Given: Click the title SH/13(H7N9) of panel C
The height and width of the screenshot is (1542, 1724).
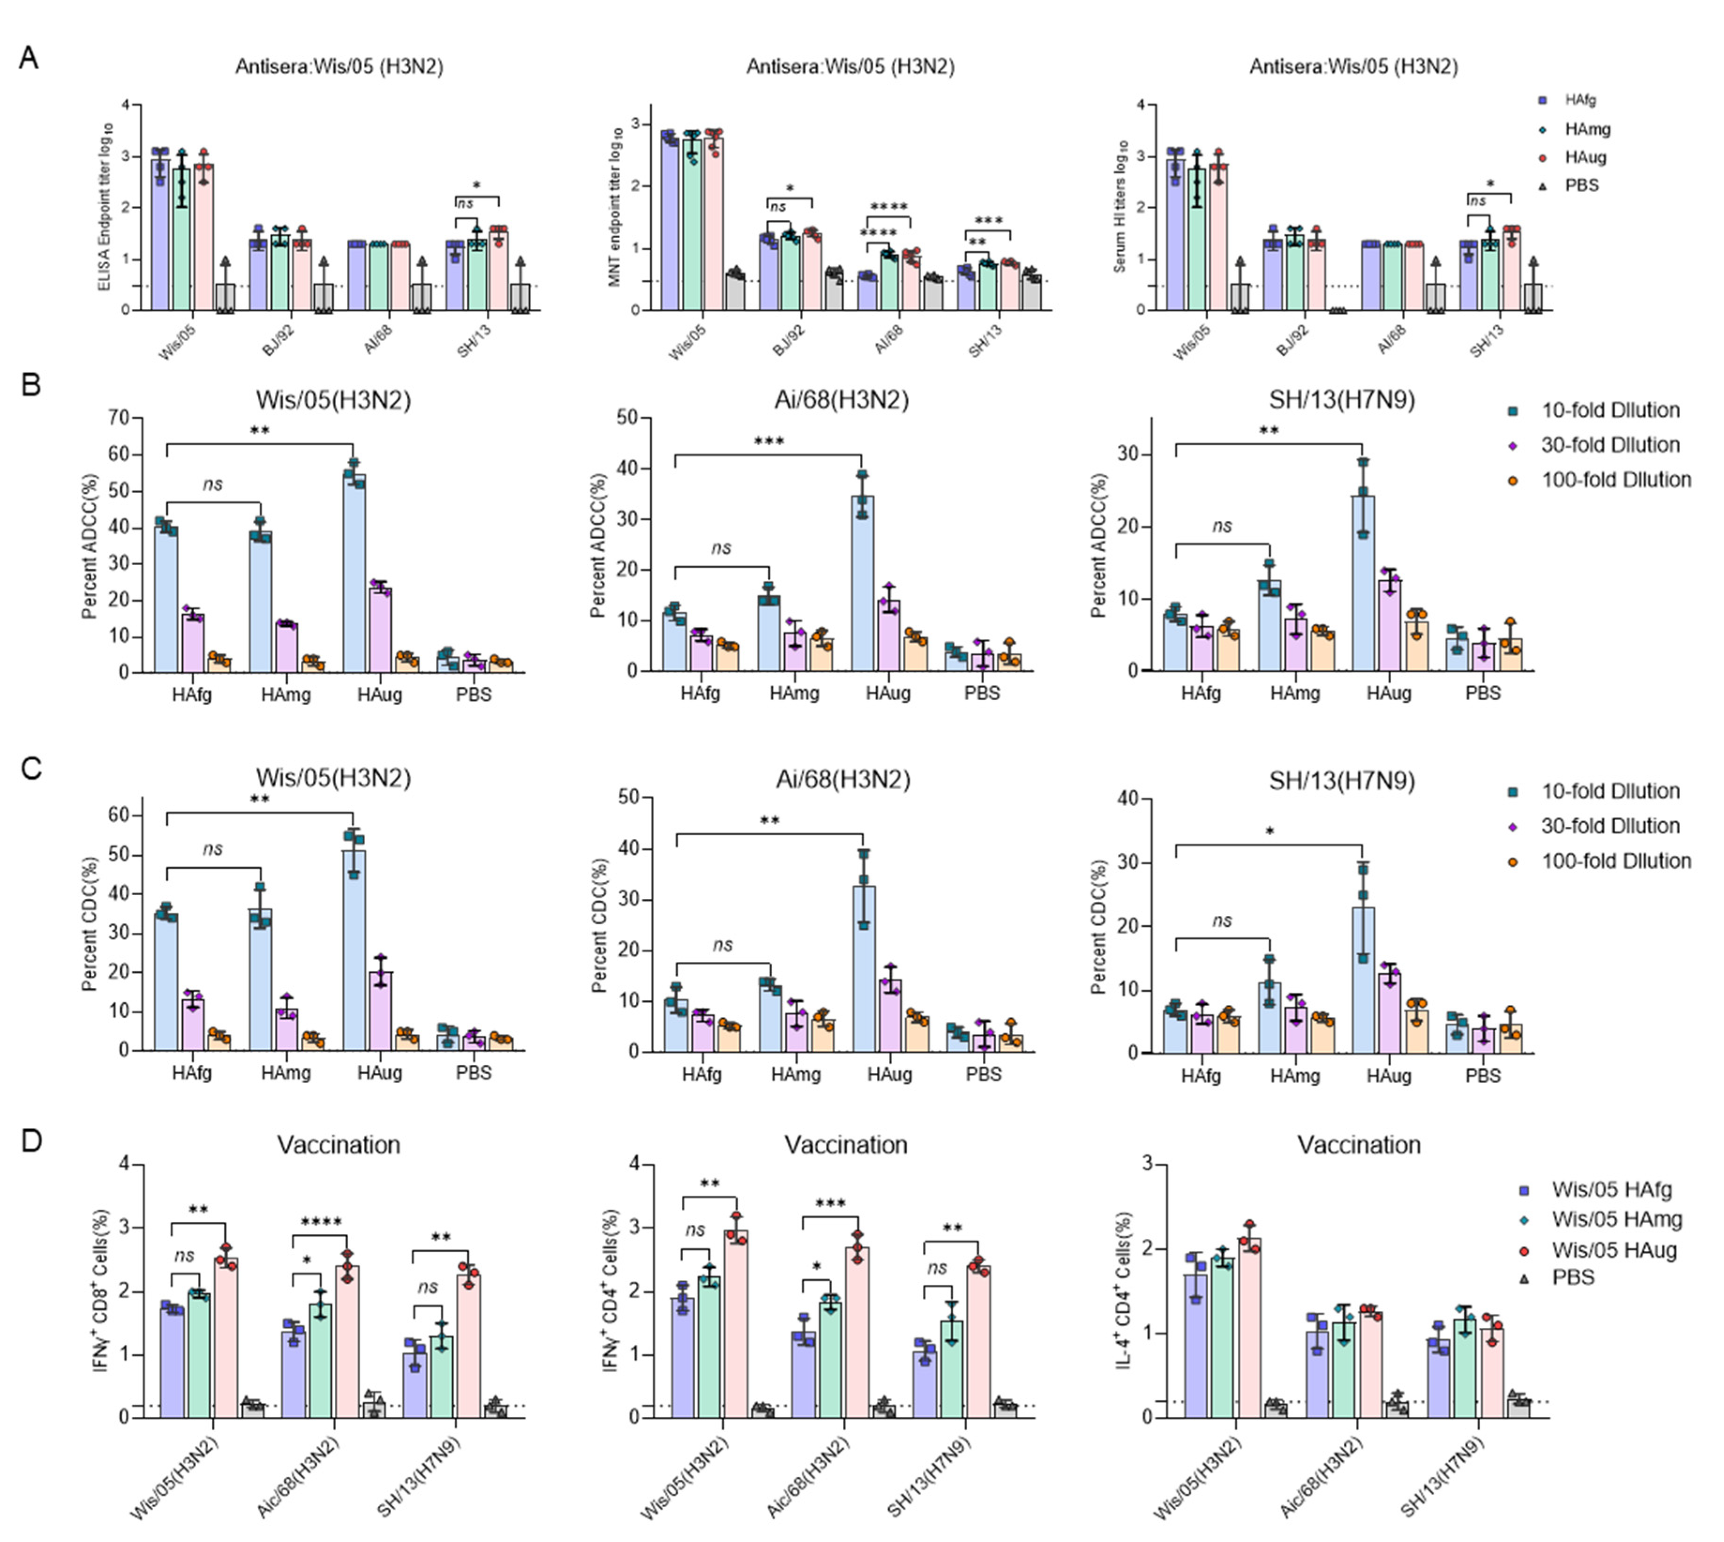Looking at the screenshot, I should coord(1341,780).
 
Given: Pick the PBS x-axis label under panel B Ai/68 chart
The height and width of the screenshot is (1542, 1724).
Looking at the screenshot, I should coord(981,693).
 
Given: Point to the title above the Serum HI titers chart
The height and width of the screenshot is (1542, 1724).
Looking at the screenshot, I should coord(1353,66).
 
